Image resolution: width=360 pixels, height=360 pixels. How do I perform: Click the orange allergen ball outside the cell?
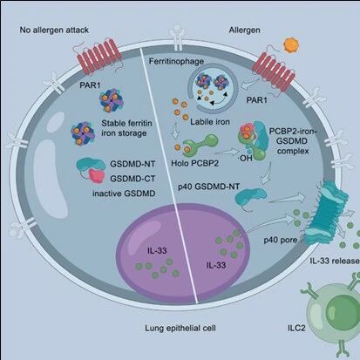(290, 45)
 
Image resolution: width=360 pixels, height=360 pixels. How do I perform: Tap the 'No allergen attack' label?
(54, 30)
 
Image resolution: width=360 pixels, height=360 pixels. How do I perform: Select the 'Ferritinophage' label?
(176, 62)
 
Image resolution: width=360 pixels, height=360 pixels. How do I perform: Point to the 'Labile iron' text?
(210, 121)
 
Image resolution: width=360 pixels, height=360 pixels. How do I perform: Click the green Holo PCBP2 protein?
(200, 144)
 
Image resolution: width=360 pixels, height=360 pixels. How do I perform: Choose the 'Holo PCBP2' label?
(194, 163)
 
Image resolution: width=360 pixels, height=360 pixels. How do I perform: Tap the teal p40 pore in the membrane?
(327, 212)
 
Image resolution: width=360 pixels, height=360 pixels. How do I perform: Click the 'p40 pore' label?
(281, 240)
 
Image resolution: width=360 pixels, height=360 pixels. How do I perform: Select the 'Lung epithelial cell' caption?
(180, 329)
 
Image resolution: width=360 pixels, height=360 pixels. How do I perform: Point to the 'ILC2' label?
(295, 329)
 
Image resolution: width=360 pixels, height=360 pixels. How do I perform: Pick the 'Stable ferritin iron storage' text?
(126, 128)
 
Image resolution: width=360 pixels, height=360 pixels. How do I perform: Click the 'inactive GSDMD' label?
(124, 194)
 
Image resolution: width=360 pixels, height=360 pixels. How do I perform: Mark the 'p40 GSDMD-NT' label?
(208, 187)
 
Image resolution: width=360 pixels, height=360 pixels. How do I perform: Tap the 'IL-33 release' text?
(335, 261)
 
